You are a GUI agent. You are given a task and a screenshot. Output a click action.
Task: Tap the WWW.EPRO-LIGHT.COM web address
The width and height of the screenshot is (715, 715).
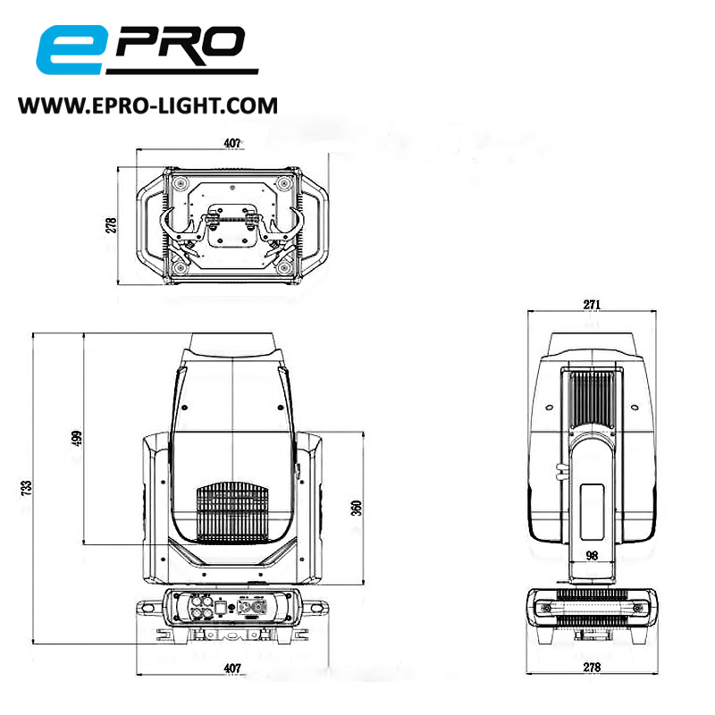click(148, 105)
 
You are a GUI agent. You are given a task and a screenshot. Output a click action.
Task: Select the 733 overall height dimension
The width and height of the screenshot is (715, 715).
click(27, 487)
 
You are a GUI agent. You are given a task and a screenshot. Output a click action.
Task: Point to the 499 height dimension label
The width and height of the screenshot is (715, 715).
click(77, 439)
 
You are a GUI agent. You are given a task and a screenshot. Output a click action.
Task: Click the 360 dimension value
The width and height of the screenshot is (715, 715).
click(356, 508)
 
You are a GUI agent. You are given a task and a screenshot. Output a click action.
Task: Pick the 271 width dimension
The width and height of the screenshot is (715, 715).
click(591, 305)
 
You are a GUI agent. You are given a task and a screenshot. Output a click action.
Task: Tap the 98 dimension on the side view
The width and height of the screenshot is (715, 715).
click(591, 555)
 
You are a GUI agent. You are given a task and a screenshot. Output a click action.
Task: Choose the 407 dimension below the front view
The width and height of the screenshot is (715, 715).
click(231, 668)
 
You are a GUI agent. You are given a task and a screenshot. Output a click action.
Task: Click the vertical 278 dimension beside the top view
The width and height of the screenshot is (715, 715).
click(112, 223)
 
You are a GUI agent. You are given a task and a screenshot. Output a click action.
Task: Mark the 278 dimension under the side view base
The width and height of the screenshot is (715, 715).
click(591, 668)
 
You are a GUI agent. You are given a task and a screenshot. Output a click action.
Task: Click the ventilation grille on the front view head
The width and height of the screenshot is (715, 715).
click(231, 513)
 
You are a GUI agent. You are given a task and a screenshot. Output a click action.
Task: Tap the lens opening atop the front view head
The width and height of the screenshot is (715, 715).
click(231, 344)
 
